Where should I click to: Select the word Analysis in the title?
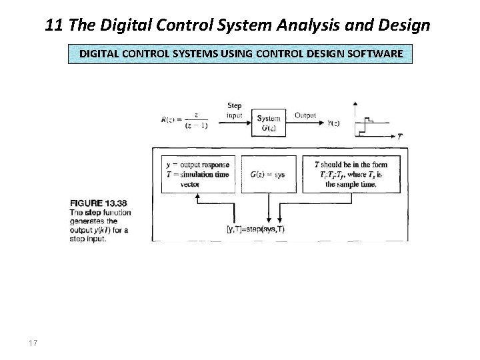point(323,26)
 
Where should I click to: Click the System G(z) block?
point(268,123)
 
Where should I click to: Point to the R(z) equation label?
point(183,121)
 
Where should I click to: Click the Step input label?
point(235,110)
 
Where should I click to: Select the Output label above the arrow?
point(305,115)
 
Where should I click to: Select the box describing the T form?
point(351,174)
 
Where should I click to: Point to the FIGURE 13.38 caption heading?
point(98,203)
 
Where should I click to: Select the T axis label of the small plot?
point(399,136)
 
